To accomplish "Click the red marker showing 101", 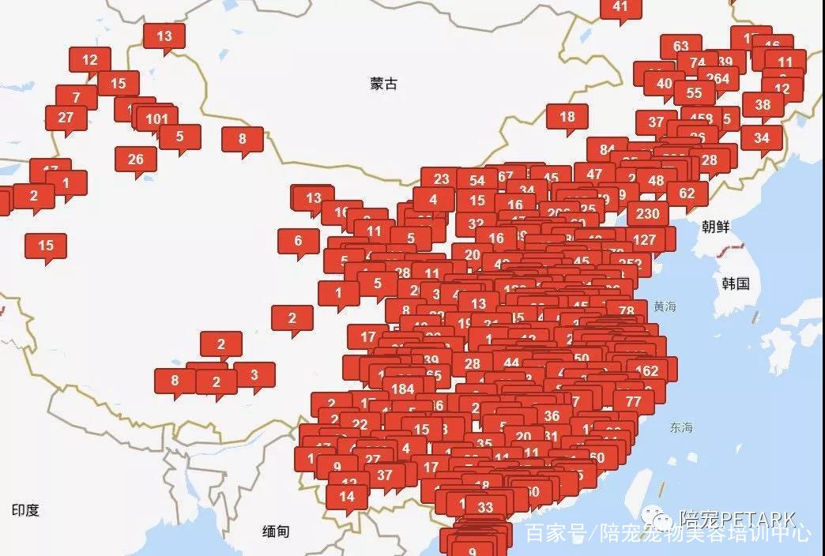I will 157,119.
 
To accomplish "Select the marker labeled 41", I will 620,6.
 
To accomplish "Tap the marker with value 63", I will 680,47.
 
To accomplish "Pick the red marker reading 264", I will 718,78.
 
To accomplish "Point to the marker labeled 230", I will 647,213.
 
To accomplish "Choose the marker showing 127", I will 645,239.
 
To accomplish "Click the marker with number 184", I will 402,389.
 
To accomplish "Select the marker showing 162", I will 646,370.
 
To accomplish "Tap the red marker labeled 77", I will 633,401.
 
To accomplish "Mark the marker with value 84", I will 607,149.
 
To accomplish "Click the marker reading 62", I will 687,193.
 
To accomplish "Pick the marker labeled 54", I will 477,181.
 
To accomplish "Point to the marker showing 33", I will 485,507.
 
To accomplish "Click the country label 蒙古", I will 383,84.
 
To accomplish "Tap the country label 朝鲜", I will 715,227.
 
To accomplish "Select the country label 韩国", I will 735,284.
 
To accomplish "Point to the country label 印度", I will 25,510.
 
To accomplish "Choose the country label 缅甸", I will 275,532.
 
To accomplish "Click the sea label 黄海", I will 665,306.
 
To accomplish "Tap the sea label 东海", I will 680,427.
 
